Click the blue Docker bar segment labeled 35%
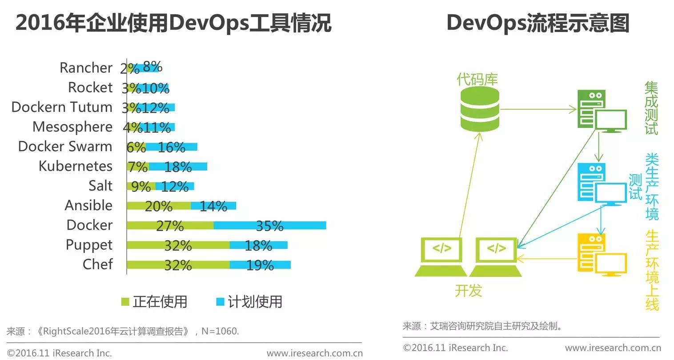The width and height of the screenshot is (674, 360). coord(269,225)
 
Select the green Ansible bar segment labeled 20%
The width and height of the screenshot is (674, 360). coord(158,206)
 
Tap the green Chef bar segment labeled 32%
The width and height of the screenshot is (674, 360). coord(178,265)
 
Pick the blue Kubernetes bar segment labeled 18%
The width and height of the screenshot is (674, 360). coord(178,167)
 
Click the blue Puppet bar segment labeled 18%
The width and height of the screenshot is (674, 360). coord(258,245)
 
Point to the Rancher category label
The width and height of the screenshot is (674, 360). coord(86,68)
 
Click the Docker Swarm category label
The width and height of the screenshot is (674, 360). coord(65,146)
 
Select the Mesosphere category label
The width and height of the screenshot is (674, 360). coord(72,127)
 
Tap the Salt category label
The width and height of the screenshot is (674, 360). coord(100,185)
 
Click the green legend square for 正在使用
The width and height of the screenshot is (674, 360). coord(125,302)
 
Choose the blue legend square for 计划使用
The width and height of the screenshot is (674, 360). coord(220,302)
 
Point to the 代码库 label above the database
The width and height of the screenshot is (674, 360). coord(477,80)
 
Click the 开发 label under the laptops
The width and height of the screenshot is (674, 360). coord(468,291)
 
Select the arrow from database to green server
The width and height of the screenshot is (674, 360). coord(538,109)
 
